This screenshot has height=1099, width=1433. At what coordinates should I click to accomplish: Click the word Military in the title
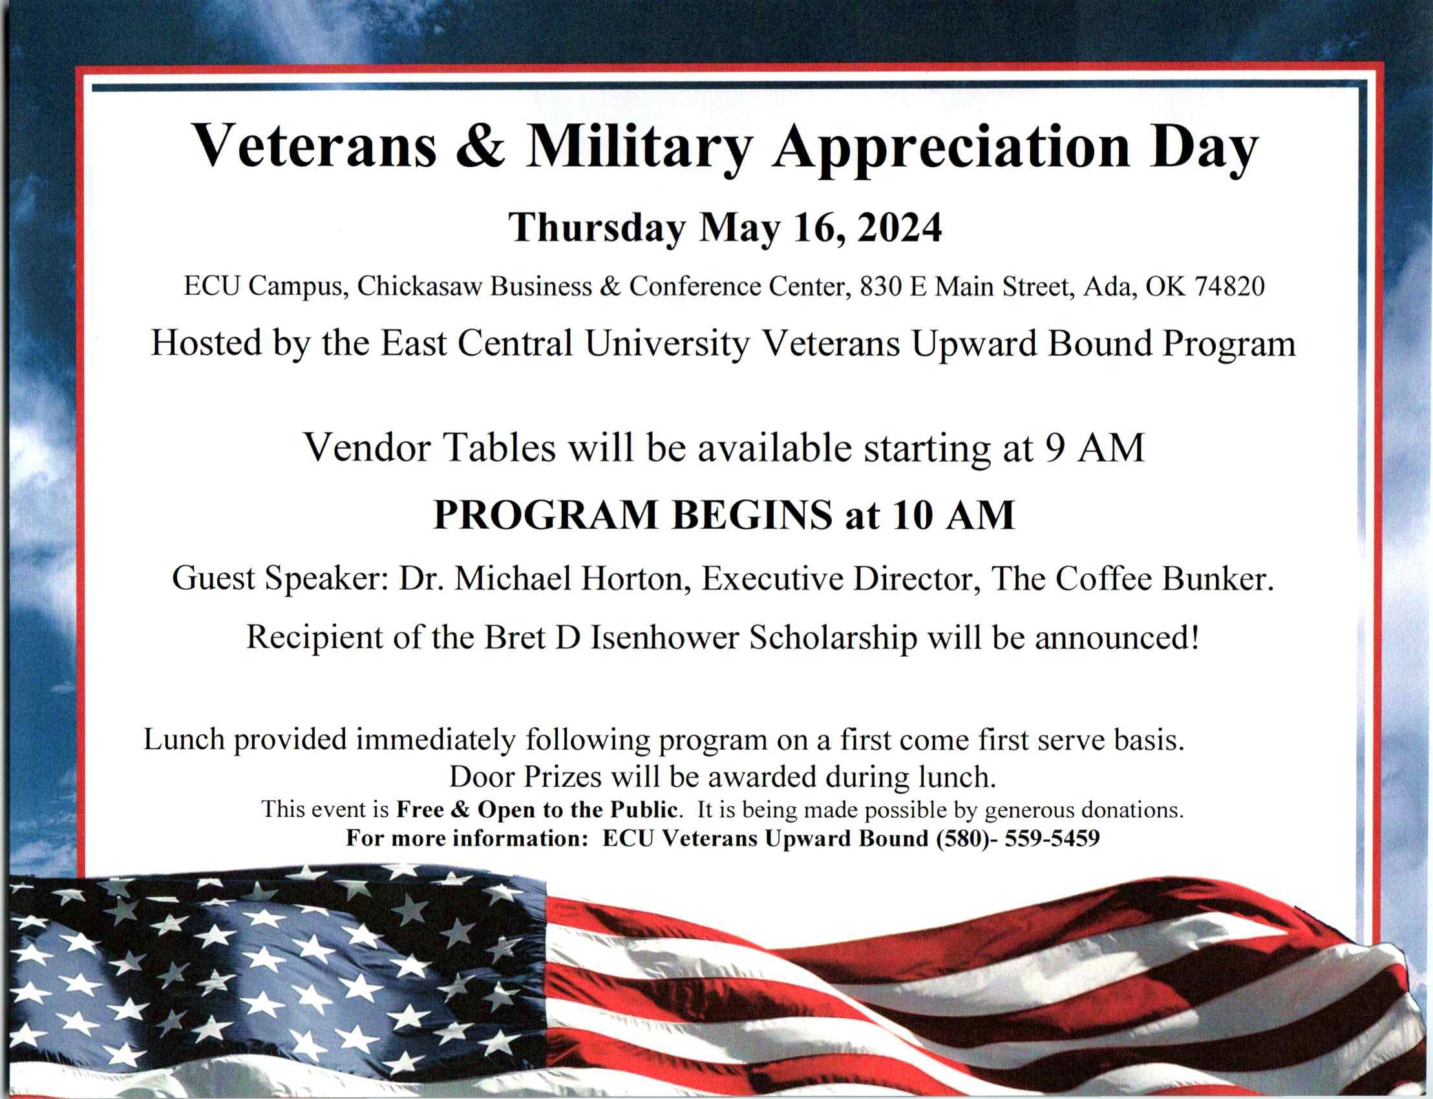(x=639, y=149)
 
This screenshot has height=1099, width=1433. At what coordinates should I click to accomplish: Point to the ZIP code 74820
(x=1229, y=286)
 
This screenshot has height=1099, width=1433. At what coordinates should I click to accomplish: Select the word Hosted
(x=206, y=343)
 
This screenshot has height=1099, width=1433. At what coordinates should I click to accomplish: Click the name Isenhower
(x=664, y=638)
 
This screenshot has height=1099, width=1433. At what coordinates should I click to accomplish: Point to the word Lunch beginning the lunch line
(x=184, y=739)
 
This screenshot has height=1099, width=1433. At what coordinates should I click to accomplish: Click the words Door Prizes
(x=525, y=777)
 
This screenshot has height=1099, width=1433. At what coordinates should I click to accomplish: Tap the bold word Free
(x=421, y=810)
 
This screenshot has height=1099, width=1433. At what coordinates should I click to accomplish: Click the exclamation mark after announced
(x=1195, y=638)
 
